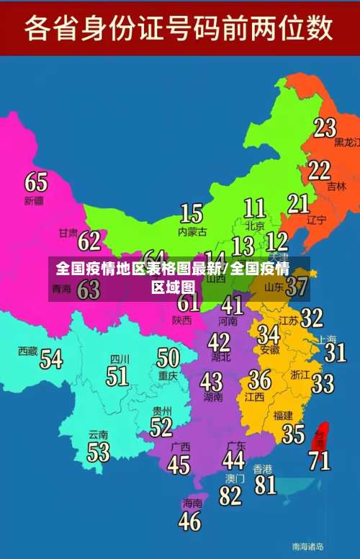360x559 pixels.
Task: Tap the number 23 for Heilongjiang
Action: pyautogui.click(x=325, y=128)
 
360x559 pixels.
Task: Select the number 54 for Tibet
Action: pyautogui.click(x=51, y=358)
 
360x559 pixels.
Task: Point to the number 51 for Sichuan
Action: pyautogui.click(x=117, y=375)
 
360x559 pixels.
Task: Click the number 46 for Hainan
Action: pyautogui.click(x=189, y=520)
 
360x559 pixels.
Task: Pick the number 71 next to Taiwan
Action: pyautogui.click(x=320, y=460)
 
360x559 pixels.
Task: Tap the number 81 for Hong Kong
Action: pyautogui.click(x=266, y=484)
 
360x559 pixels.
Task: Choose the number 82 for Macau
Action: pyautogui.click(x=230, y=496)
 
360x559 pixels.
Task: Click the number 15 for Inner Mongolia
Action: pyautogui.click(x=192, y=213)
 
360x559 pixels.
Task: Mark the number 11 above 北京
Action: pyautogui.click(x=254, y=208)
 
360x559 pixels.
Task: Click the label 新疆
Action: pyautogui.click(x=34, y=200)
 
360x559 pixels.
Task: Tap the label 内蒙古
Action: pyautogui.click(x=192, y=232)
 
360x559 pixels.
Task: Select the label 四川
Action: pyautogui.click(x=120, y=358)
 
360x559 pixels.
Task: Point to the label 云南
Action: pyautogui.click(x=99, y=434)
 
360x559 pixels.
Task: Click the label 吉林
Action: pyautogui.click(x=336, y=186)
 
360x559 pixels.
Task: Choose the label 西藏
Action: pyautogui.click(x=28, y=351)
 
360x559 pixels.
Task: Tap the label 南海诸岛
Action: pyautogui.click(x=307, y=545)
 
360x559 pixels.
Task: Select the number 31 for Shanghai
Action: pyautogui.click(x=335, y=352)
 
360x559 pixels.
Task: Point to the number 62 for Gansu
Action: pyautogui.click(x=89, y=240)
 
